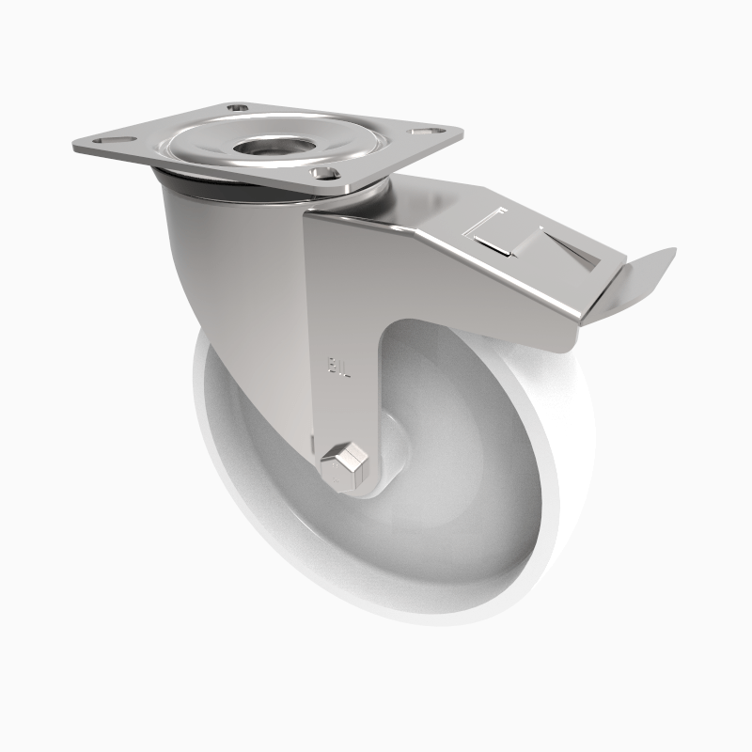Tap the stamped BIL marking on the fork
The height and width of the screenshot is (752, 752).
(x=337, y=365)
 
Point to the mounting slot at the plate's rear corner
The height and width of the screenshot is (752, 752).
(x=238, y=109)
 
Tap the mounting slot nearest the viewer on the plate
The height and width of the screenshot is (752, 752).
(x=325, y=172)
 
